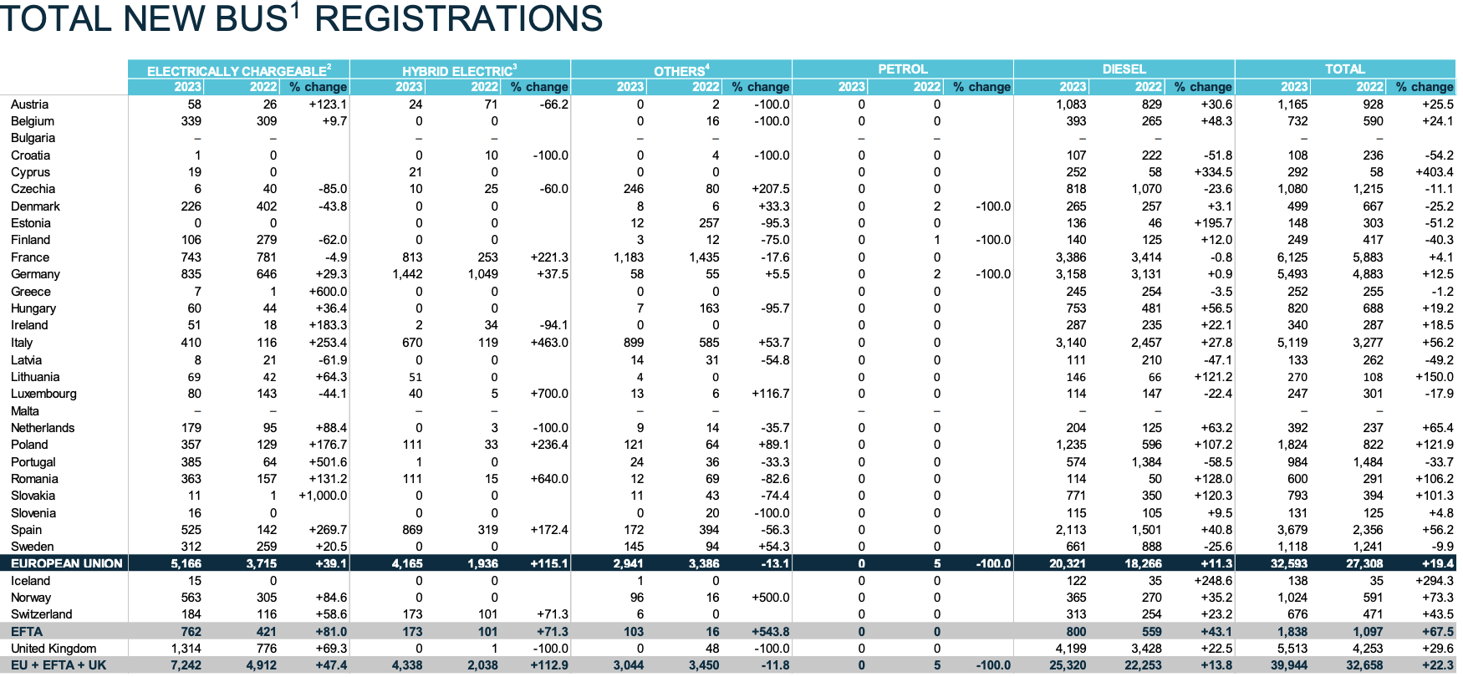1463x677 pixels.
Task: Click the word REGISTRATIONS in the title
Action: click(458, 18)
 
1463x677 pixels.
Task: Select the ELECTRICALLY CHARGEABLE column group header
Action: click(238, 71)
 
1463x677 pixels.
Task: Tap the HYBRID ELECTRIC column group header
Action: click(459, 71)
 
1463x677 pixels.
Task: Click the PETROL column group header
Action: click(902, 69)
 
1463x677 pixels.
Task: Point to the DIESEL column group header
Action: click(1124, 69)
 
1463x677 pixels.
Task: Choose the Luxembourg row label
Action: click(43, 394)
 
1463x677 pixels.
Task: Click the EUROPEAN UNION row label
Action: click(67, 563)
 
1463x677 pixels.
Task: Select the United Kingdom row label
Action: click(54, 649)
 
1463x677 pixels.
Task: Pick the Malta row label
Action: click(25, 411)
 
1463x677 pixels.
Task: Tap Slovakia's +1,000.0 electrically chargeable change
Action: click(323, 496)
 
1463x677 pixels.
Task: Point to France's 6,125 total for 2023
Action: click(1292, 257)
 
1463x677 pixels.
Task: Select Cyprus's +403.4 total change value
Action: click(1434, 172)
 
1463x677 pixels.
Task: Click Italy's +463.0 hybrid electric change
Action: click(548, 343)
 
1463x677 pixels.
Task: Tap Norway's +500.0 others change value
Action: click(770, 598)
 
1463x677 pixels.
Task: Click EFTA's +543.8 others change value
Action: click(770, 632)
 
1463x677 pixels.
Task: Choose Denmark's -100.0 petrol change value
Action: click(992, 206)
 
